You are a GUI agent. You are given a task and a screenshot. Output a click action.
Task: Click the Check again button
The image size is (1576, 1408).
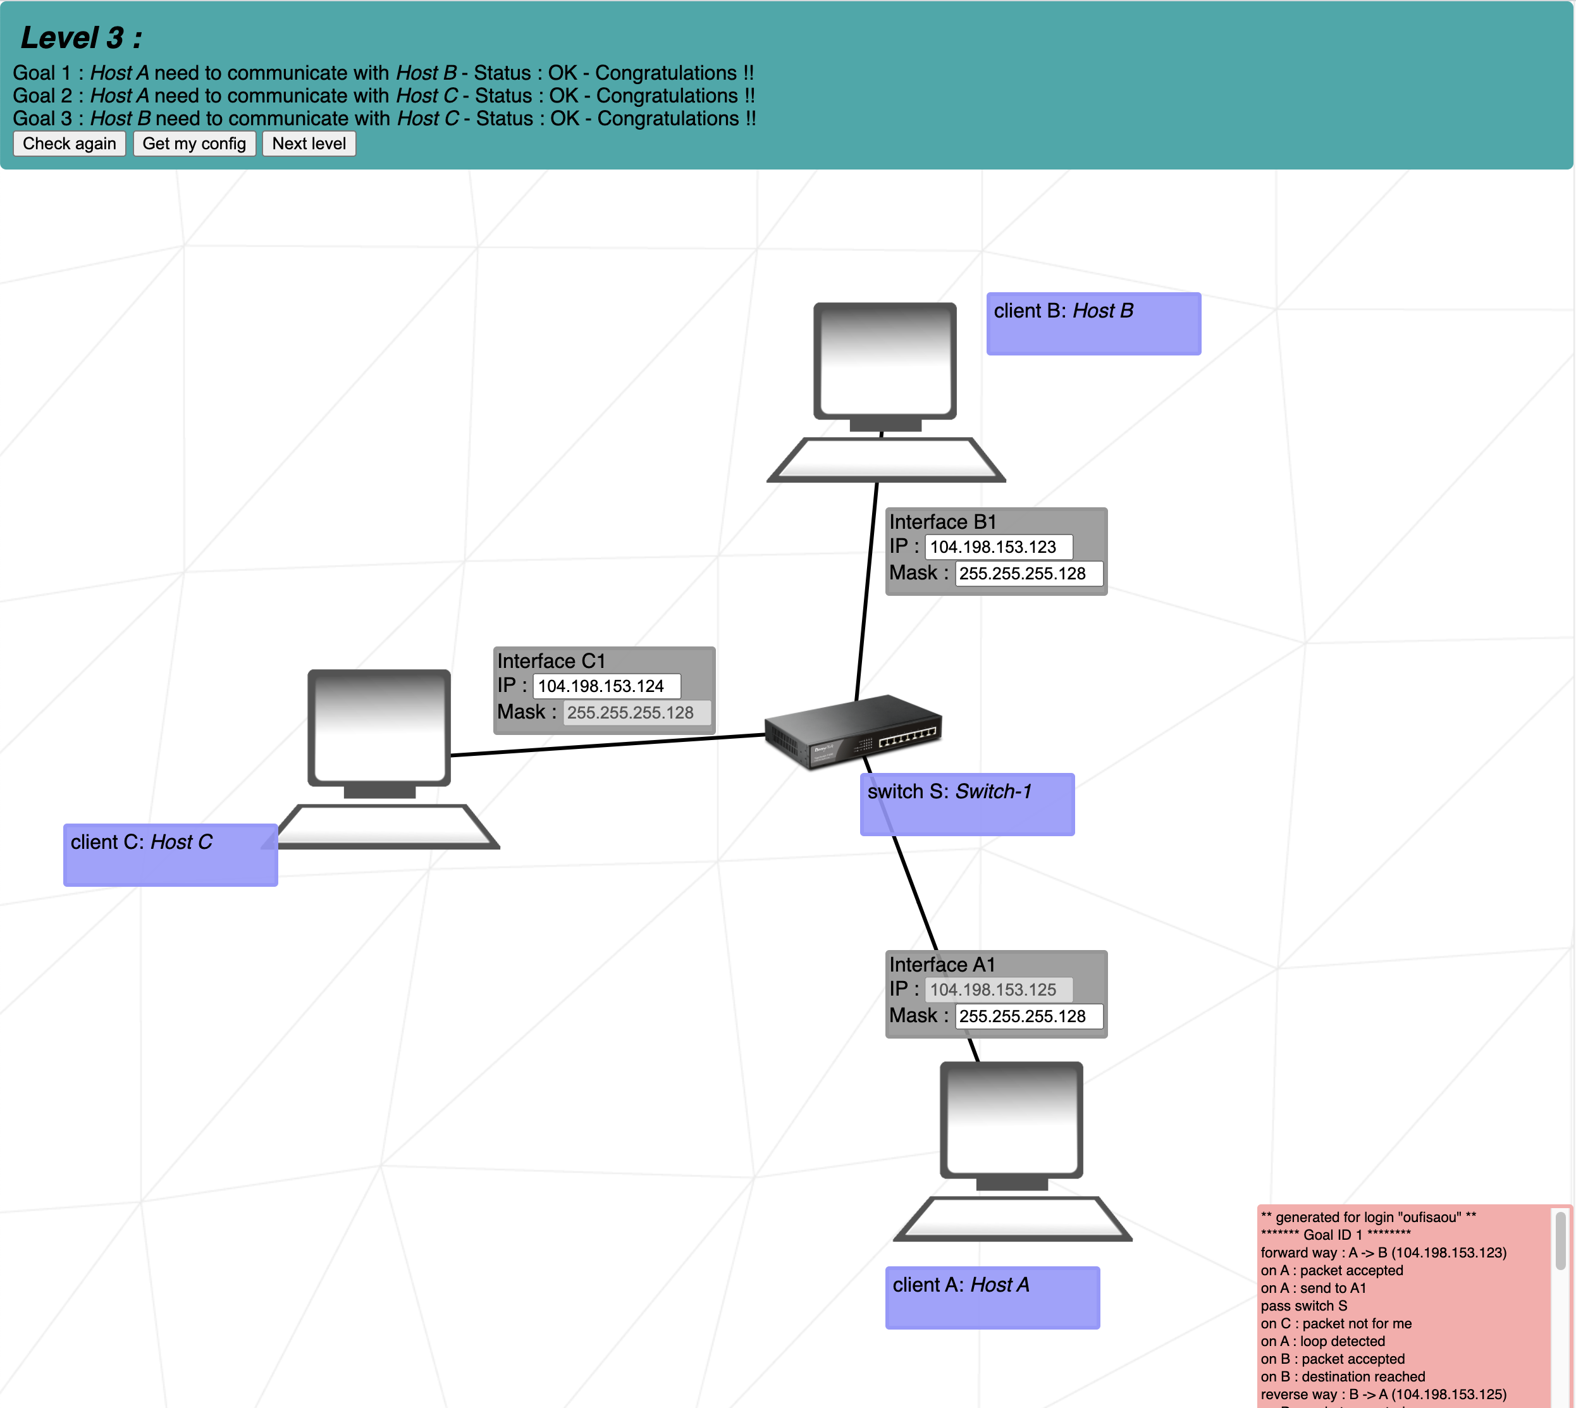pos(69,144)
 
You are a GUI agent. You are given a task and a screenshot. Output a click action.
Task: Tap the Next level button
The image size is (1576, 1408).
pos(309,144)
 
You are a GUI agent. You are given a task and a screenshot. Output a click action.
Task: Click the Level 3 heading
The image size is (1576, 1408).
pos(81,38)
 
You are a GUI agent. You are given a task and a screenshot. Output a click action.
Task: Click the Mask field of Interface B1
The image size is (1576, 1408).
pos(1028,573)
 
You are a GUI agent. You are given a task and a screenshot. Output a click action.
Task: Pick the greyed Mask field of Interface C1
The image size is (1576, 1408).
pos(636,712)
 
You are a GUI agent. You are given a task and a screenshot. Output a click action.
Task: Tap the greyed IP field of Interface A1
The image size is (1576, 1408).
pos(997,989)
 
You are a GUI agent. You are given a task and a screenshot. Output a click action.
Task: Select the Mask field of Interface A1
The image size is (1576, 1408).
pos(1028,1016)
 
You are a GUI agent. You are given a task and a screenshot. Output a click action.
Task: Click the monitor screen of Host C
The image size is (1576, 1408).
pos(379,728)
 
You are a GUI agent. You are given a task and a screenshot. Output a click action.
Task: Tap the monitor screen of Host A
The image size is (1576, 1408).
pos(1011,1120)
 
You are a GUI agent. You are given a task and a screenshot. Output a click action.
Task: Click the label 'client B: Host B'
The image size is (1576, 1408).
pos(1093,323)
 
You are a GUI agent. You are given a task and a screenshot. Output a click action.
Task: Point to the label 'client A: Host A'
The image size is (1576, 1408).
pos(992,1297)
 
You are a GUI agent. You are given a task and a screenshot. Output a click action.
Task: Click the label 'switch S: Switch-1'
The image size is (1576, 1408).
pos(966,804)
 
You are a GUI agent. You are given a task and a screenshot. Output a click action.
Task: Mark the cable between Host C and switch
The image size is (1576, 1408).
pos(607,745)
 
